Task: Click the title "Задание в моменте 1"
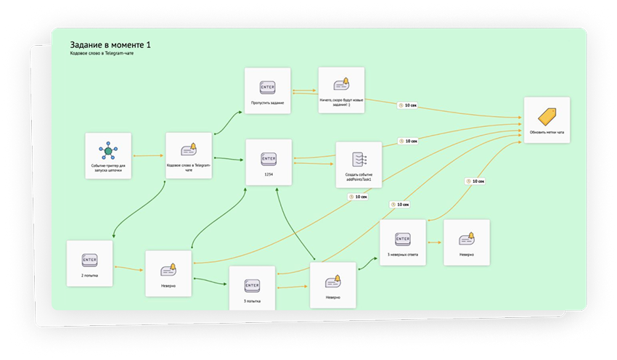[110, 45]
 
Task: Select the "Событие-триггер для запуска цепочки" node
[108, 155]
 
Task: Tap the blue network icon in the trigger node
[108, 150]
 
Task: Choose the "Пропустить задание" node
[267, 91]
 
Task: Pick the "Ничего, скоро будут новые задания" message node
[341, 90]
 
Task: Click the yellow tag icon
[547, 116]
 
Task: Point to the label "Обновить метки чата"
[547, 132]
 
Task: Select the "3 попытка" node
[252, 288]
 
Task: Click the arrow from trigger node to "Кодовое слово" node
[148, 155]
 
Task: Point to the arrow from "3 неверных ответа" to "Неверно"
[434, 242]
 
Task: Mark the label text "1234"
[269, 174]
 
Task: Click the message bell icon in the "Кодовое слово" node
[189, 150]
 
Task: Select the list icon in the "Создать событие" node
[359, 157]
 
